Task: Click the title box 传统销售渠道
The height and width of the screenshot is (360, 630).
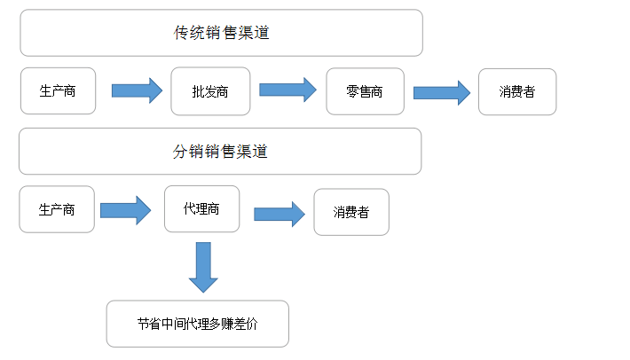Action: coord(221,33)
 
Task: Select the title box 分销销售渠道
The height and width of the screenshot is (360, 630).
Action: coord(220,151)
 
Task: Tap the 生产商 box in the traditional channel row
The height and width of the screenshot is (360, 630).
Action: coord(58,90)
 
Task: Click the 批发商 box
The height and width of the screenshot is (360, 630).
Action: coord(210,91)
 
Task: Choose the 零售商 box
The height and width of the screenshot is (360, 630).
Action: coord(366,91)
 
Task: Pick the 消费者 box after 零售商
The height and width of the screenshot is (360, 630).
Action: coord(517,91)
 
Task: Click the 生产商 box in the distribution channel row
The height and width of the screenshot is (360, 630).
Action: coord(57,209)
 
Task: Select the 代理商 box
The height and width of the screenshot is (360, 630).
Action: coord(201,208)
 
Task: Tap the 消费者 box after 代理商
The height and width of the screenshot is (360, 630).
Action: coord(351,212)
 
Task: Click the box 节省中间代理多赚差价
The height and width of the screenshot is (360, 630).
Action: coord(197,324)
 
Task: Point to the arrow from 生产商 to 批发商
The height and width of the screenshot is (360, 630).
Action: coord(137,90)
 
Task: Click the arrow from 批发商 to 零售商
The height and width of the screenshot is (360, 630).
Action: coord(287,90)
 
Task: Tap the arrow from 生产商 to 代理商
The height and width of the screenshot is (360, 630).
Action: coord(126,210)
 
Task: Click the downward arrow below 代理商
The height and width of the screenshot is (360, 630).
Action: coord(203,267)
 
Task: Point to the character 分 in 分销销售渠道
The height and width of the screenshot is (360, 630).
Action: coord(179,151)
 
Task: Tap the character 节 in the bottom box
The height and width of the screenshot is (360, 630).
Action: coord(143,325)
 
